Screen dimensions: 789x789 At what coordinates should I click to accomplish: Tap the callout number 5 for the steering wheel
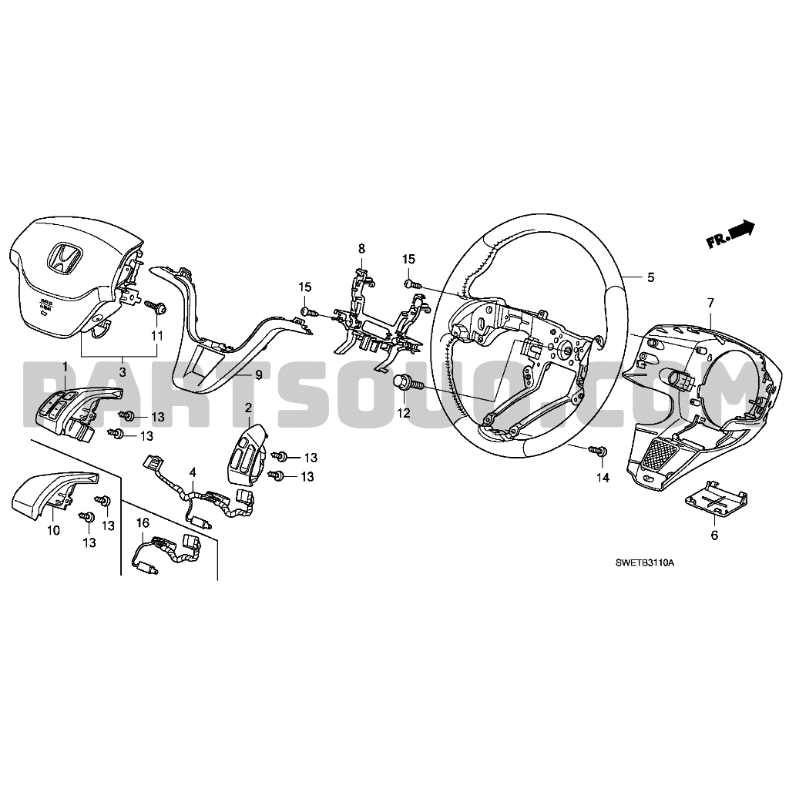650,277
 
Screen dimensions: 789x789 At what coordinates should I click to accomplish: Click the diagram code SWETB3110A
645,563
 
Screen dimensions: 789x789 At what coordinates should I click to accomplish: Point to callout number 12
404,413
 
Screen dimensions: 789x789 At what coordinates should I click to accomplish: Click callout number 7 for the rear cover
710,303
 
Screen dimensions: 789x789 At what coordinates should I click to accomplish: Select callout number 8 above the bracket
361,248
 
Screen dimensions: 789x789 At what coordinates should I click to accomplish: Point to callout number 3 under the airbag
123,372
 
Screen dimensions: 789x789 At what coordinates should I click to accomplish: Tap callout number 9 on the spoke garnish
259,375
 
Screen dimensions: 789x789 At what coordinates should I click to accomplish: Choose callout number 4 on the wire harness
193,472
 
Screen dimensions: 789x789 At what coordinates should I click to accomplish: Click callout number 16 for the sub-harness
143,523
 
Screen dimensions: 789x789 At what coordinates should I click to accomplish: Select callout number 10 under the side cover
53,530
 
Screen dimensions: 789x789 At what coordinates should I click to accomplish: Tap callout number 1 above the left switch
65,367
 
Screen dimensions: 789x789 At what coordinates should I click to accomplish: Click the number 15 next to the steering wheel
408,259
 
